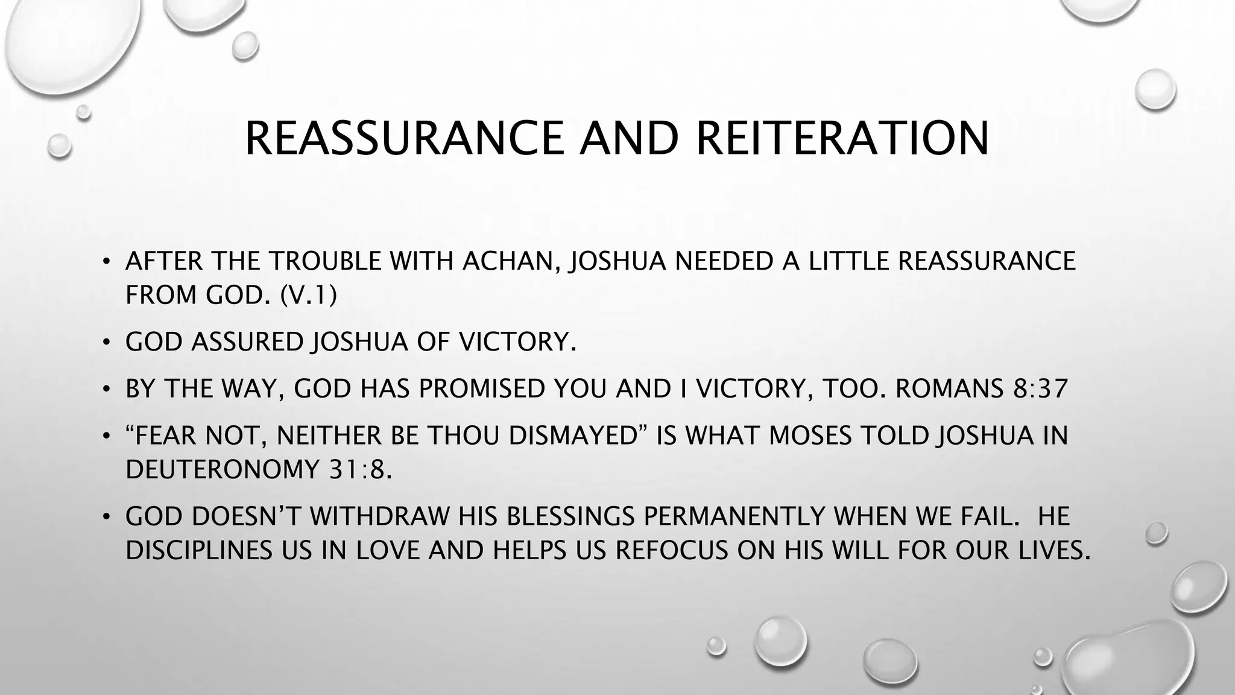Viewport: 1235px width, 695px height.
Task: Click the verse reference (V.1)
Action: [309, 296]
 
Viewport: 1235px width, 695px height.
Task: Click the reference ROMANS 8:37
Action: [982, 389]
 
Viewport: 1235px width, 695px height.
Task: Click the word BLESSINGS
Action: [570, 516]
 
